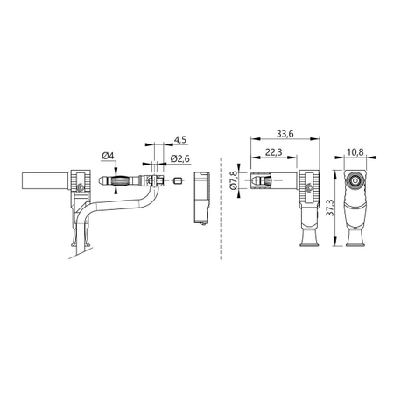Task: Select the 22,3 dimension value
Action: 272,153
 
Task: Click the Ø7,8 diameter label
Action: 233,179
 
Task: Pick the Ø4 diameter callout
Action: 109,157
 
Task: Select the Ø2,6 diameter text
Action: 180,158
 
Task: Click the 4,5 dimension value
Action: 179,139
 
